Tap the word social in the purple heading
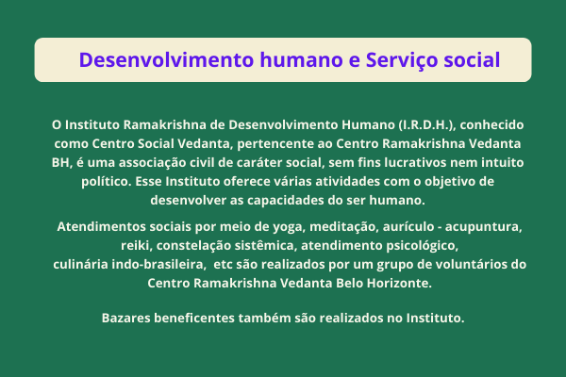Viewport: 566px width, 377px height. point(472,59)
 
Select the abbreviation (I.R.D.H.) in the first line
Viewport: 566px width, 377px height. point(427,124)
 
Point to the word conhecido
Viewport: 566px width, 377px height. point(491,124)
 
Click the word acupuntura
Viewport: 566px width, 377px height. point(483,227)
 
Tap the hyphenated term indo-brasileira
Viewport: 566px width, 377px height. point(158,265)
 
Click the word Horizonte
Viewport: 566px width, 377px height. point(399,283)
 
